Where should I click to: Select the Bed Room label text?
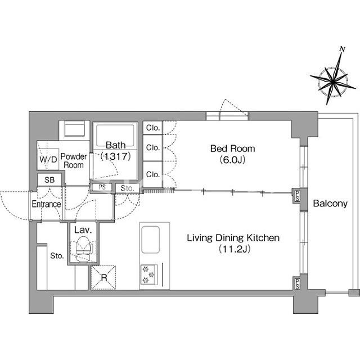point(232,149)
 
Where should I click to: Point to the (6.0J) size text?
point(232,160)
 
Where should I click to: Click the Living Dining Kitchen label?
point(233,238)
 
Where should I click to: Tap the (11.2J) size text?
point(233,249)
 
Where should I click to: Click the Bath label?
point(115,145)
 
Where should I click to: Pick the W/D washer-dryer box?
point(48,159)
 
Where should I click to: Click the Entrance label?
point(46,204)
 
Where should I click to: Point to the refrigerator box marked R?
point(103,277)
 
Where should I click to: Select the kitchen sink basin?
point(151,240)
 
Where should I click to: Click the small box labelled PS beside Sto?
point(102,188)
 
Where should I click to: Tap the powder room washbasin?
point(74,130)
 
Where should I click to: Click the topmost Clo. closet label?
point(152,128)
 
